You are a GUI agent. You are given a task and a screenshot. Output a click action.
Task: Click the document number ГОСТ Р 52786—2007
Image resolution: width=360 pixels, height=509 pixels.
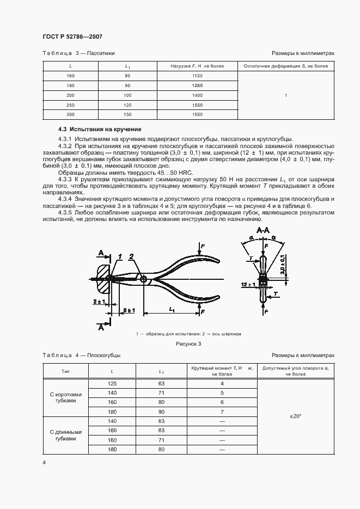tap(72, 37)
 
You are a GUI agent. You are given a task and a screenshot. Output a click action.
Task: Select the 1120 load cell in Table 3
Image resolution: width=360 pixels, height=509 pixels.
tap(197, 76)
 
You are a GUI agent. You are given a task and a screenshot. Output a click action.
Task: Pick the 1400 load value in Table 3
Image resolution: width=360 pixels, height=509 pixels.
tap(197, 95)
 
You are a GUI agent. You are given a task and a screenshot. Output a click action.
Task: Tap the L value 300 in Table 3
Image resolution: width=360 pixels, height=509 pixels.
tap(70, 114)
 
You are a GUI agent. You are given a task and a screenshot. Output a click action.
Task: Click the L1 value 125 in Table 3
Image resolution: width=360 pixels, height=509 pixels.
tap(127, 105)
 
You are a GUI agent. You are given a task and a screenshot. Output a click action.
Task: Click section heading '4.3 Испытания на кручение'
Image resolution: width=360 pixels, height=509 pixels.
tap(100, 130)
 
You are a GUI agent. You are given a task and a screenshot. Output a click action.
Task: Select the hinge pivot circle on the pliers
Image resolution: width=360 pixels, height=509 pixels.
tap(143, 279)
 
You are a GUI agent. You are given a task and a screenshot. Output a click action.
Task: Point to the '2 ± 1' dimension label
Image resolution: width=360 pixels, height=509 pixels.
tap(99, 301)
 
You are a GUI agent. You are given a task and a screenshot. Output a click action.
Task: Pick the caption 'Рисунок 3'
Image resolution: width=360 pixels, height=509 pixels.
tap(188, 344)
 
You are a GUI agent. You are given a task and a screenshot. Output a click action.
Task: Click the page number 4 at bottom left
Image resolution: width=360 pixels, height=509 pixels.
tap(45, 462)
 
